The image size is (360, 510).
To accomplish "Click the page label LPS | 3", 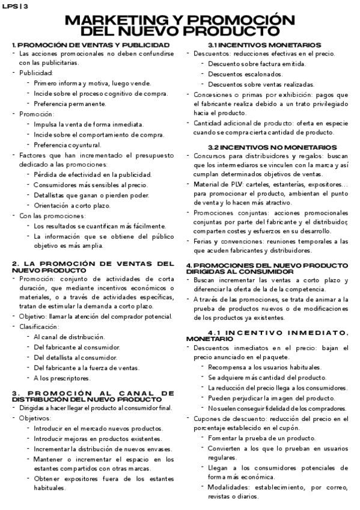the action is pyautogui.click(x=15, y=5).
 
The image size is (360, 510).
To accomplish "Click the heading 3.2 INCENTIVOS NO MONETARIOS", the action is pyautogui.click(x=264, y=147).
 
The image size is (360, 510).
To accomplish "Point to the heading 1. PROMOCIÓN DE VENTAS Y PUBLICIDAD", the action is pyautogui.click(x=90, y=45).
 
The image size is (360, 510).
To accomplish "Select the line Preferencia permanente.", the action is pyautogui.click(x=70, y=103).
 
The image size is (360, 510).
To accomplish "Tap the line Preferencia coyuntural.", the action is pyautogui.click(x=67, y=144).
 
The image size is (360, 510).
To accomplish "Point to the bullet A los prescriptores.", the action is pyautogui.click(x=62, y=378).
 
